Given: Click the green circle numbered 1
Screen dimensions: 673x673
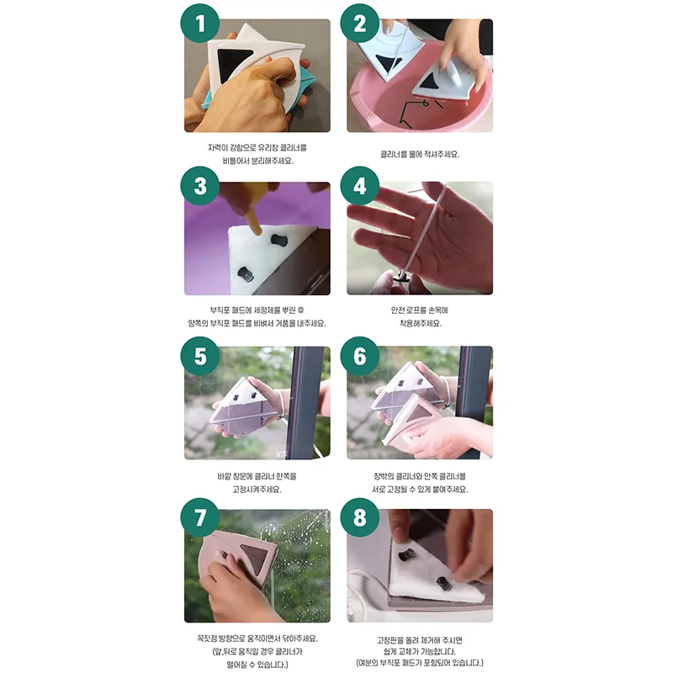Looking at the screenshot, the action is pos(200,23).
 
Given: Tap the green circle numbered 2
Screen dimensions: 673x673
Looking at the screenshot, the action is pos(360,23).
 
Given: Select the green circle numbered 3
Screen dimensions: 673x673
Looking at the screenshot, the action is pos(200,186).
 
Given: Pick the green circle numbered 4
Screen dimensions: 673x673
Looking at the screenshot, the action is pos(360,186).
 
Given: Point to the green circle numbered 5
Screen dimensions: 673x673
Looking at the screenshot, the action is pos(200,356).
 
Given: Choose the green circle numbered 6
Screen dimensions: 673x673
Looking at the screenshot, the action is pos(360,356).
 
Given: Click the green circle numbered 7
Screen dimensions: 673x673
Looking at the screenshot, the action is pos(200,517).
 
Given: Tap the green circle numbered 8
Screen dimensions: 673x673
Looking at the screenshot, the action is pos(360,517).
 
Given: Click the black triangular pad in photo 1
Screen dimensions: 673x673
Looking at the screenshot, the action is pos(232,66).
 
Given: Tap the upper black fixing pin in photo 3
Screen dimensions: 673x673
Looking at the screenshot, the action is pos(279,240).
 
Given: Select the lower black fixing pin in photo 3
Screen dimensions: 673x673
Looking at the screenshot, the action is pos(246,274).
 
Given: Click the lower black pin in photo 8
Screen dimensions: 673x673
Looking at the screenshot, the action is pos(443,583).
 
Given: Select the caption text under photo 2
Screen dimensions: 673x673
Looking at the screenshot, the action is pos(420,154).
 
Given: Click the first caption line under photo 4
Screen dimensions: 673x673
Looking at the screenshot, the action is pos(419,310).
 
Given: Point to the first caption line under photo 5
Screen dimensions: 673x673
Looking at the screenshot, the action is pos(257,476).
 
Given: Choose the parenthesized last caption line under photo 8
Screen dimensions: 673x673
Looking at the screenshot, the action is pos(420,663).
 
